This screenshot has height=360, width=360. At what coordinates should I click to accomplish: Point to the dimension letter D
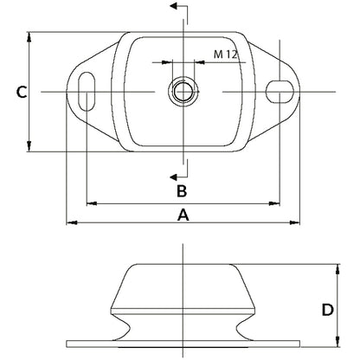click(327, 309)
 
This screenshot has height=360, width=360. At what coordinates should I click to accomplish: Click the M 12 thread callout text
click(225, 55)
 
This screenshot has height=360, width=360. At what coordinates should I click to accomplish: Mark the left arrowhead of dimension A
click(70, 224)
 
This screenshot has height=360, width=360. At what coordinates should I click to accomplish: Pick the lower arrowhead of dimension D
click(337, 340)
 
